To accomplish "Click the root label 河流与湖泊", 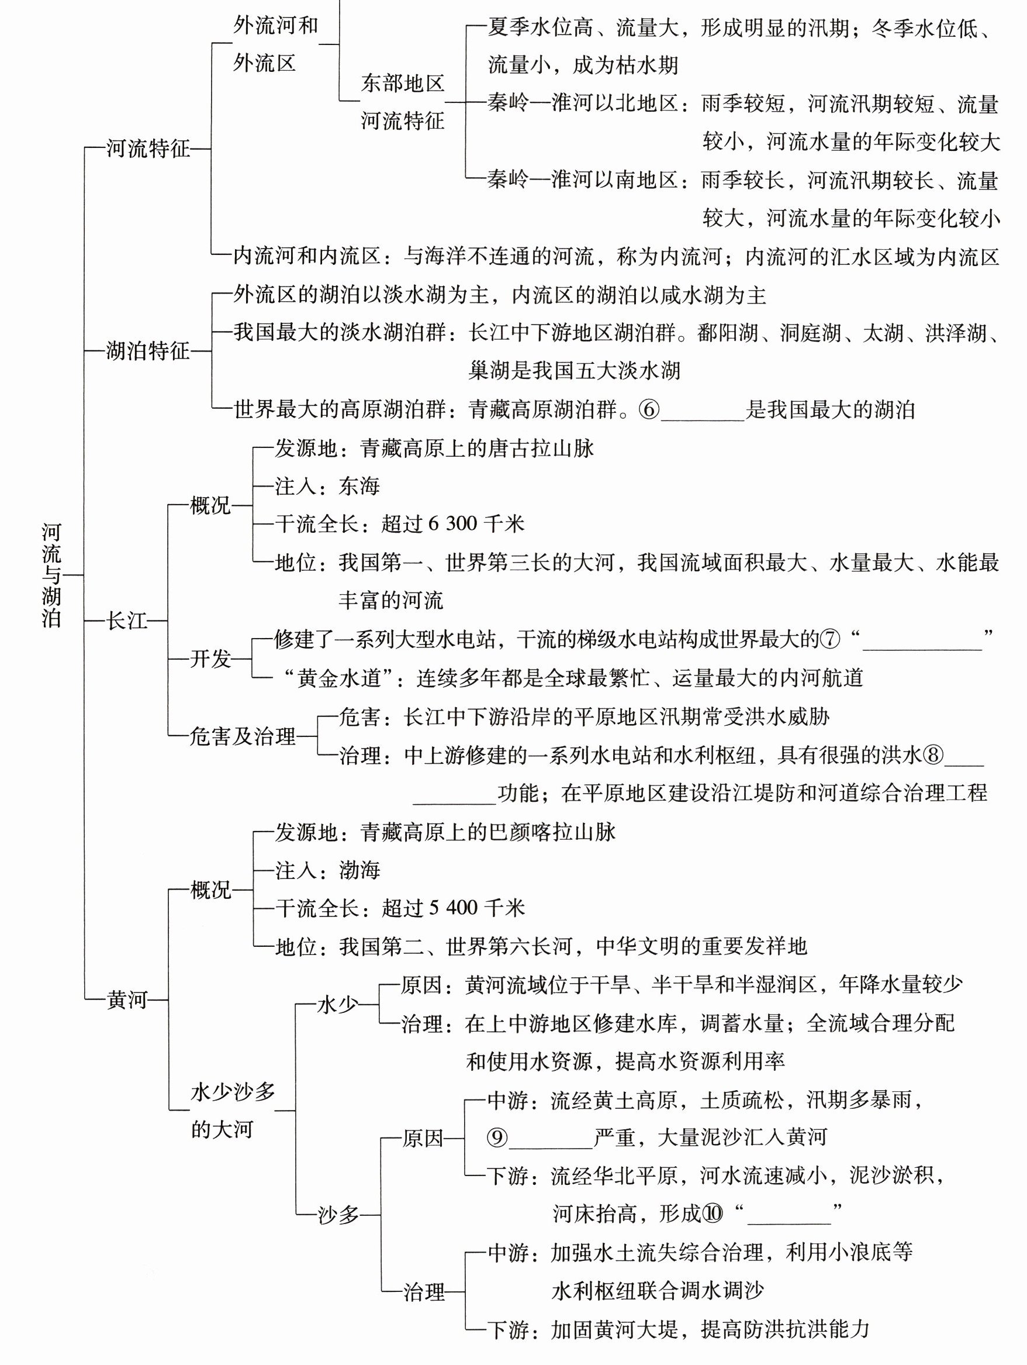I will [52, 575].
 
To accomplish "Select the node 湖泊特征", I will [148, 351].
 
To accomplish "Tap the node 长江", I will [127, 620].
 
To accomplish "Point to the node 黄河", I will [127, 999].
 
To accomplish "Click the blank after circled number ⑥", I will [703, 411].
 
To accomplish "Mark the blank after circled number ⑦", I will [922, 640].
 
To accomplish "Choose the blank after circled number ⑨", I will [551, 1137].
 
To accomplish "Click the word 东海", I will [359, 487].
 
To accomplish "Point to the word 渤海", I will [359, 871].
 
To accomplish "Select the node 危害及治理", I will [243, 736].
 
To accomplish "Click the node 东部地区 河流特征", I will [402, 102].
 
